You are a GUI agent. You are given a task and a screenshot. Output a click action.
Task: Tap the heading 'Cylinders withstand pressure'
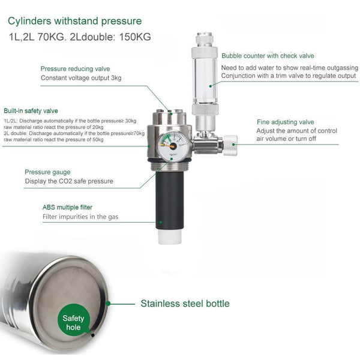click(x=75, y=22)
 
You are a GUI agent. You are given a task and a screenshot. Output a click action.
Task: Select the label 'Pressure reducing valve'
click(x=75, y=68)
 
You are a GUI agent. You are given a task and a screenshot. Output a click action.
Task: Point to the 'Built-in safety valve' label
click(x=31, y=111)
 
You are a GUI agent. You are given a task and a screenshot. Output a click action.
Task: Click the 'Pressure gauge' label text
click(x=47, y=172)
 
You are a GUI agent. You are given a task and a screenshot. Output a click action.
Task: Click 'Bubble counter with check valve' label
click(x=268, y=55)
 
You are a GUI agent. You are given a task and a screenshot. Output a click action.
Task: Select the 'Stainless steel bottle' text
click(x=185, y=303)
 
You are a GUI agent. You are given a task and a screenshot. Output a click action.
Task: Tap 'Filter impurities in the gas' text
click(x=82, y=217)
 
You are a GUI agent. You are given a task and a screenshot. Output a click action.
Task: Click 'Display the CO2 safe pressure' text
click(x=68, y=181)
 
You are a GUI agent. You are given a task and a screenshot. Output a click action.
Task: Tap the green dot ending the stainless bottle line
click(x=107, y=303)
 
